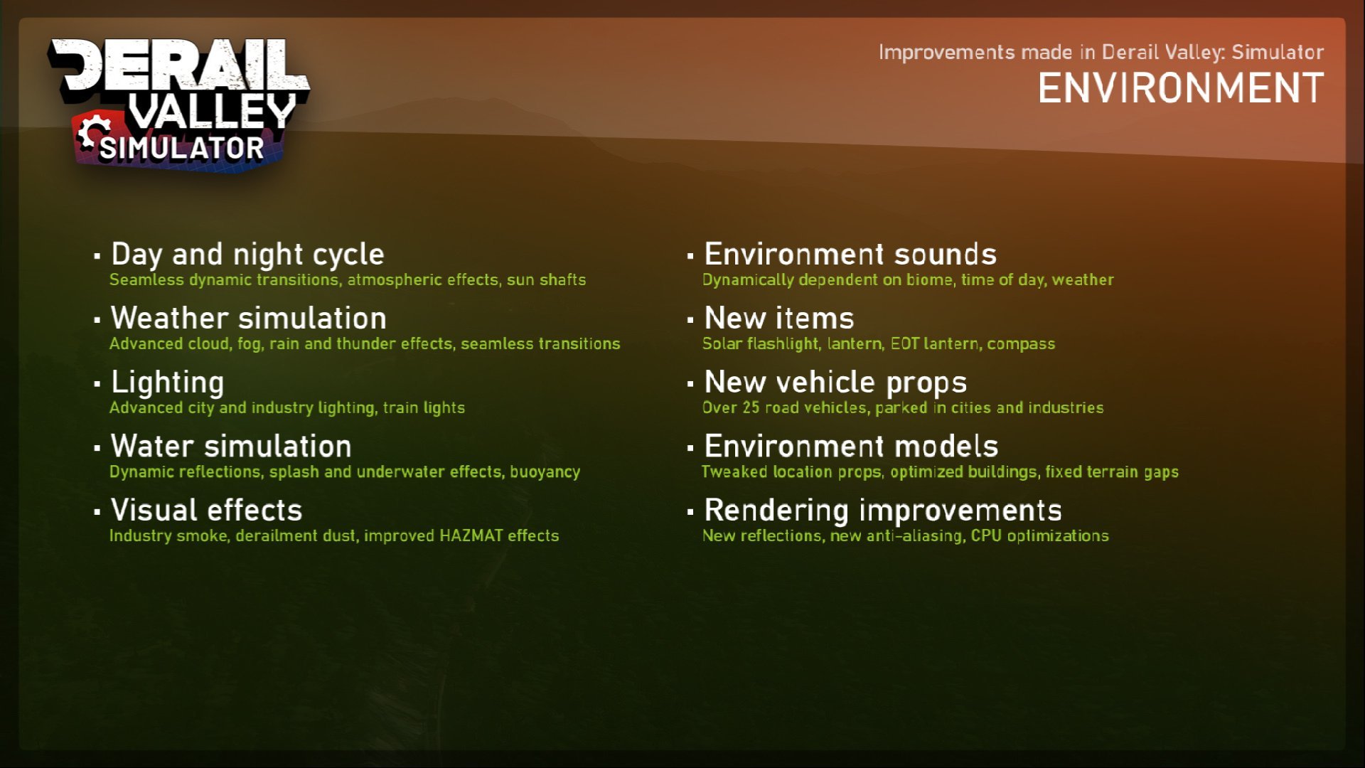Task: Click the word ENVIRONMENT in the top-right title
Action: (x=1181, y=89)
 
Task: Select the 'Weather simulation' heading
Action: (x=249, y=318)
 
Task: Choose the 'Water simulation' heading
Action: (x=231, y=446)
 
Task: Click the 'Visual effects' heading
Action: (x=207, y=510)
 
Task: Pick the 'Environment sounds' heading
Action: (x=850, y=254)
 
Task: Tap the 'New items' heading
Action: (x=779, y=318)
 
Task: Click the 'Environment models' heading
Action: (x=851, y=446)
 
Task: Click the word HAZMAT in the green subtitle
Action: (x=471, y=535)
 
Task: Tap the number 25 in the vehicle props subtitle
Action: (x=751, y=407)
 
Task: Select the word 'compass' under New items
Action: (x=1021, y=344)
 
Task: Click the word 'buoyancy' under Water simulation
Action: (x=545, y=472)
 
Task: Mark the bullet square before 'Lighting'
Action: (x=97, y=384)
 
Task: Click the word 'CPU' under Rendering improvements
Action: (x=986, y=535)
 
